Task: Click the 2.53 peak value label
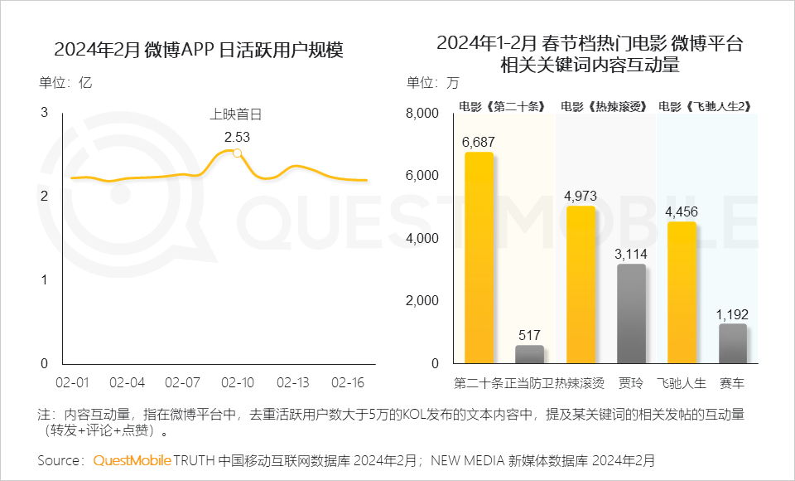coord(237,137)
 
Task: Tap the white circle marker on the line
coord(238,153)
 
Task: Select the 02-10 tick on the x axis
coord(238,382)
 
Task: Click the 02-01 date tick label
coord(73,382)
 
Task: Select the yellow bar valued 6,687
coord(479,258)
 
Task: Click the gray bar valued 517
coord(529,354)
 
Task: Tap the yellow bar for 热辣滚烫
coord(581,284)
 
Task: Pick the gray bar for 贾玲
coord(631,313)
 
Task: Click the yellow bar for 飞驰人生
coord(682,293)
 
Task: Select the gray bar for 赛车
coord(732,343)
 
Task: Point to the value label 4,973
coord(581,196)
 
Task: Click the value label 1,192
coord(732,313)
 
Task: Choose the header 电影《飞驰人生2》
coord(705,106)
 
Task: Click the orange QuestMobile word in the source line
coord(132,459)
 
